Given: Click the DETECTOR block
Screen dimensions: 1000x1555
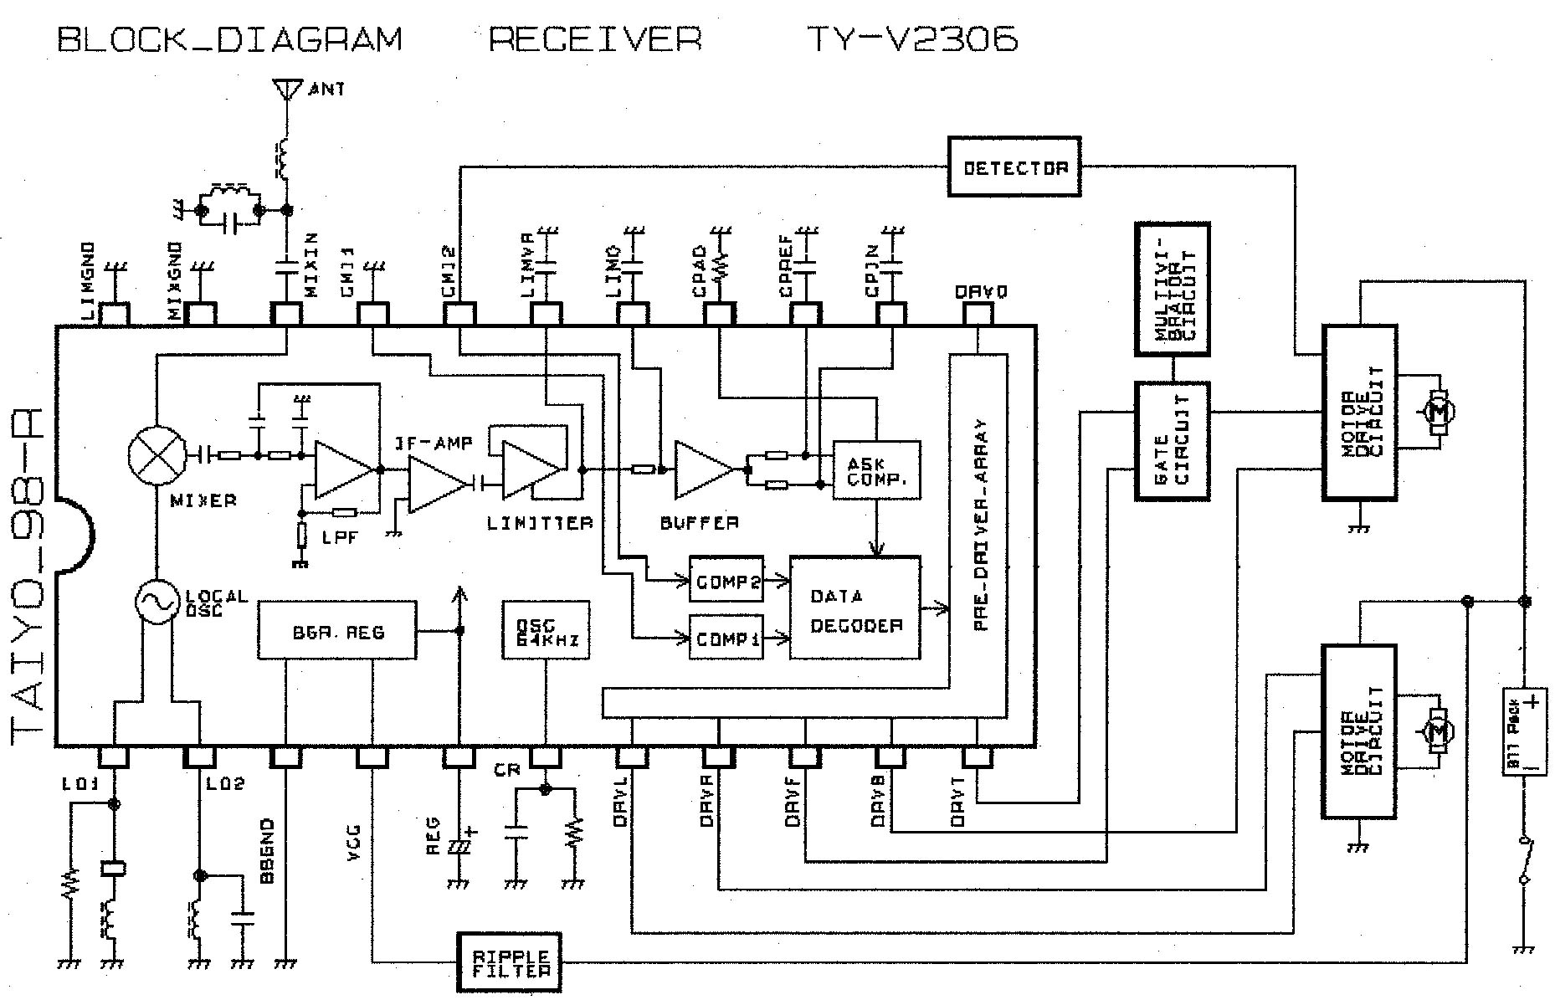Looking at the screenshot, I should coord(1014,167).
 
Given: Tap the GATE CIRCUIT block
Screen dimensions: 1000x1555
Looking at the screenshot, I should coord(1172,442).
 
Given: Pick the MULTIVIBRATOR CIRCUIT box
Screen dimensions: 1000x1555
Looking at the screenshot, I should coord(1172,289).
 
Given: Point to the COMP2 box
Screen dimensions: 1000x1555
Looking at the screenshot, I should coord(726,578).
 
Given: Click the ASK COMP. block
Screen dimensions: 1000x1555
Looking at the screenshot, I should coord(876,470).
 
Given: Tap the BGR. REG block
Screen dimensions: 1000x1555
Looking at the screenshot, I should coord(337,629).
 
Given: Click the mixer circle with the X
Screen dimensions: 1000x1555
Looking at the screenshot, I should coord(157,456).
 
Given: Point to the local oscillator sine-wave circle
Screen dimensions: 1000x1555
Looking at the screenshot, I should coord(157,602).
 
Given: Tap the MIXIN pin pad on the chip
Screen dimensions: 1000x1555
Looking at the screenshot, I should coord(286,314).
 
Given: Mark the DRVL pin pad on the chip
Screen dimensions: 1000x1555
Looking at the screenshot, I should coord(632,756).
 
